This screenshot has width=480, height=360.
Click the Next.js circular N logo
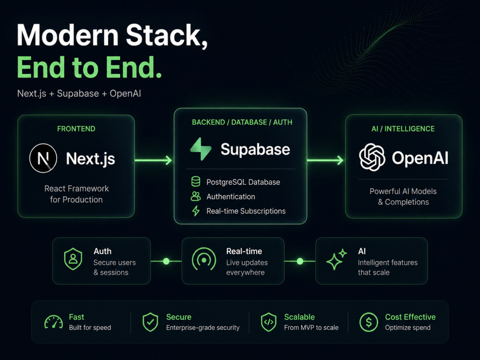[x=43, y=158]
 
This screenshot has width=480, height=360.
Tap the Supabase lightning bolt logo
[x=201, y=149]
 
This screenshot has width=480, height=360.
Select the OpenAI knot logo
[x=372, y=157]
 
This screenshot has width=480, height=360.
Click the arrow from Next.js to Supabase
[x=153, y=160]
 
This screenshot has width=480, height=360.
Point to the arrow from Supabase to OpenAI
[x=325, y=160]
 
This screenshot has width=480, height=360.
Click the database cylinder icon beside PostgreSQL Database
[x=196, y=181]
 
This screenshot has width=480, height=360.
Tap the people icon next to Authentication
[x=196, y=196]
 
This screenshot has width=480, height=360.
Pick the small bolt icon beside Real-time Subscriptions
[x=196, y=211]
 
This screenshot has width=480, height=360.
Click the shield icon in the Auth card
[x=73, y=259]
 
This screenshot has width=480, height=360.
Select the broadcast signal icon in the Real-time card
[x=204, y=260]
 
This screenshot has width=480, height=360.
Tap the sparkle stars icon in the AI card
[x=336, y=259]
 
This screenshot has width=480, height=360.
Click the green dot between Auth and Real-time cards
[x=166, y=261]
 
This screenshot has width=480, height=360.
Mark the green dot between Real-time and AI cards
[x=300, y=261]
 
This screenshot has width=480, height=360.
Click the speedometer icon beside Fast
[x=54, y=322]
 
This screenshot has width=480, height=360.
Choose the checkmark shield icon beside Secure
[x=150, y=322]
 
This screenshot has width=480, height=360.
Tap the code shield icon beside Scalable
[x=268, y=322]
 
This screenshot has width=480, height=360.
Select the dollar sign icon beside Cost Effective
[x=369, y=322]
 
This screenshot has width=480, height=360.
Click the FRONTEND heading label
[x=76, y=129]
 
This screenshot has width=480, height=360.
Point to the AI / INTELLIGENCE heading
[x=403, y=129]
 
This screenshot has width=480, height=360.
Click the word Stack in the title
[x=167, y=36]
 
